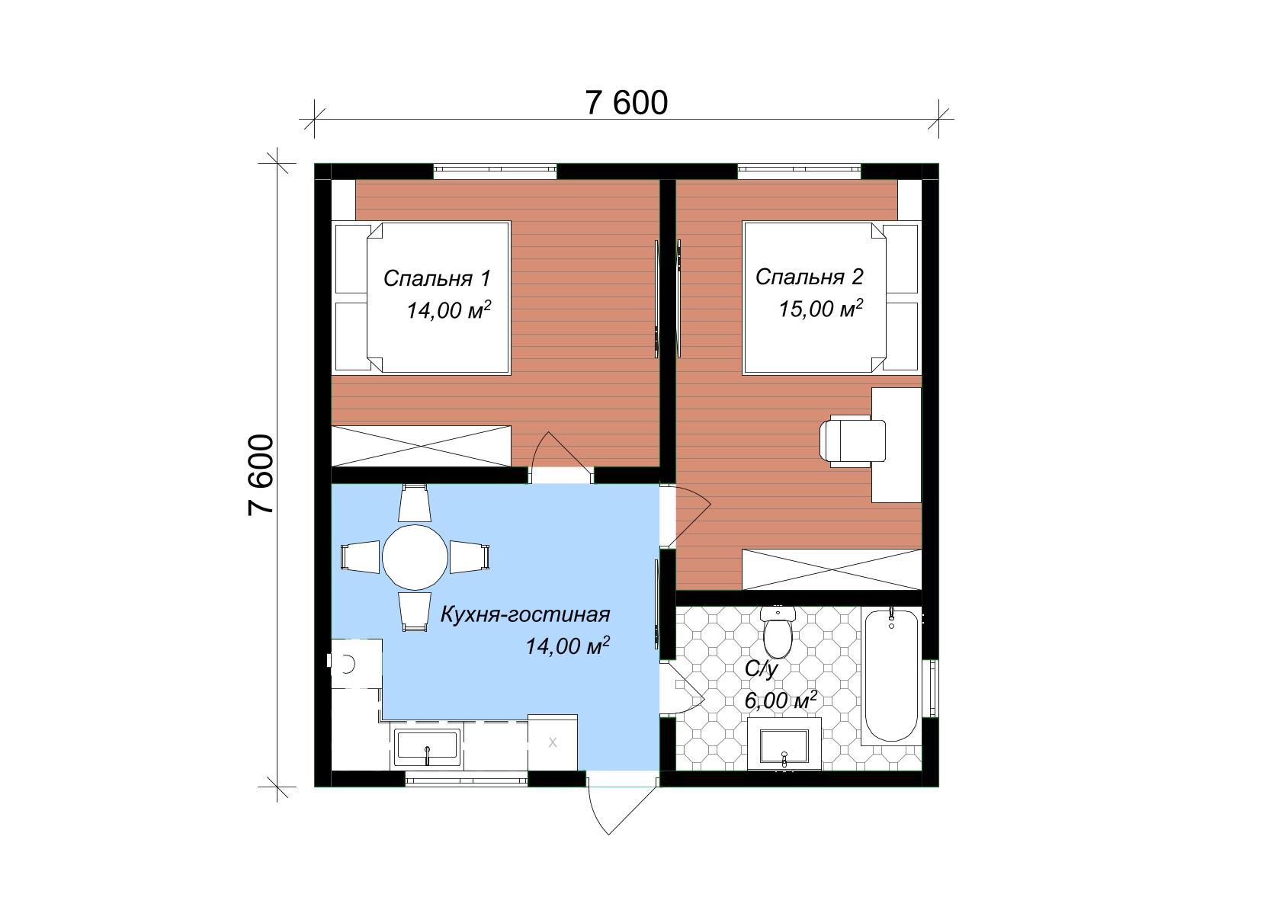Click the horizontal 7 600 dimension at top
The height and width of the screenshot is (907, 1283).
click(626, 104)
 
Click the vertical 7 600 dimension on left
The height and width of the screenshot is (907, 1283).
click(261, 476)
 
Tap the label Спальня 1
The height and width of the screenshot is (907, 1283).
click(437, 278)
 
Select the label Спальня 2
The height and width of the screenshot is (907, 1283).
click(810, 277)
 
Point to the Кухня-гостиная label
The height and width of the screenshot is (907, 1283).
click(525, 615)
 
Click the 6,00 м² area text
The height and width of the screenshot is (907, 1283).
click(780, 700)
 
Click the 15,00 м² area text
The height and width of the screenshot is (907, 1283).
click(821, 309)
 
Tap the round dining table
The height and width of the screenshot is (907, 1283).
click(415, 557)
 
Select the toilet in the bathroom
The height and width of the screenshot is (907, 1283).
click(778, 632)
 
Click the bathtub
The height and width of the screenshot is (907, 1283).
click(890, 676)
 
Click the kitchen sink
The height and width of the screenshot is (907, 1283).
click(427, 748)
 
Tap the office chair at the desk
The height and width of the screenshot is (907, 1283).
click(852, 441)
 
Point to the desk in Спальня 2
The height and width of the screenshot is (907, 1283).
click(896, 445)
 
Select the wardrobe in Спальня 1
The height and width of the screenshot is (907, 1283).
click(421, 446)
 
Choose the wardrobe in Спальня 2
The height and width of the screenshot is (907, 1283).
click(832, 569)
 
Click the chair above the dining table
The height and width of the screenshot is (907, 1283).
click(414, 503)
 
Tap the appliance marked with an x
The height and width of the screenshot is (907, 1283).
click(552, 742)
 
